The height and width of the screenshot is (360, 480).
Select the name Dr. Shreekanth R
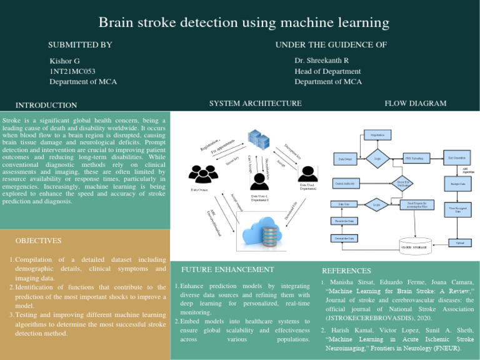point(321,61)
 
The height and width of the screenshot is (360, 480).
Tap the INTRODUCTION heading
point(46,106)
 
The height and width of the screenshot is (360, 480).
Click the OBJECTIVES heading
point(39,241)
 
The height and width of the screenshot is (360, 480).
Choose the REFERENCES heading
point(346,271)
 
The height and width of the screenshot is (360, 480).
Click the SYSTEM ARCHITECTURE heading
point(255,103)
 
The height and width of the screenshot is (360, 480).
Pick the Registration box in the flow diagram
point(377,134)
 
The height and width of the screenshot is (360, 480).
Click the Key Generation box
point(456,155)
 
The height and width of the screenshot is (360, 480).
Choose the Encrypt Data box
point(456,184)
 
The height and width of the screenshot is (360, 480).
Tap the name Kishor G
point(65,61)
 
